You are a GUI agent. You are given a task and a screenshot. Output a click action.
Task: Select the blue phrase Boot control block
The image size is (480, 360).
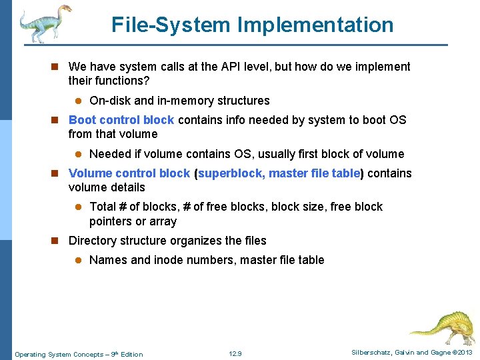tap(121, 120)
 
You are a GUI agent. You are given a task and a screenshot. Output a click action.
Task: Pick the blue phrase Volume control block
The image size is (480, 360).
tap(129, 173)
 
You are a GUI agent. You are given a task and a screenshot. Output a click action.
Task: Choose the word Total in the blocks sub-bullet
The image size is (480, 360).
tap(103, 207)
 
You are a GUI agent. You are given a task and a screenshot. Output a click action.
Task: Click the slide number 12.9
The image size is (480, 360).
tap(235, 354)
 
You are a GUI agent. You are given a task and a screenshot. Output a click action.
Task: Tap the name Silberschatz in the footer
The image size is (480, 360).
tap(373, 353)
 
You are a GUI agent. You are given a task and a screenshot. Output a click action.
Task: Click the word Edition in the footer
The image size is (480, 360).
tap(131, 354)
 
